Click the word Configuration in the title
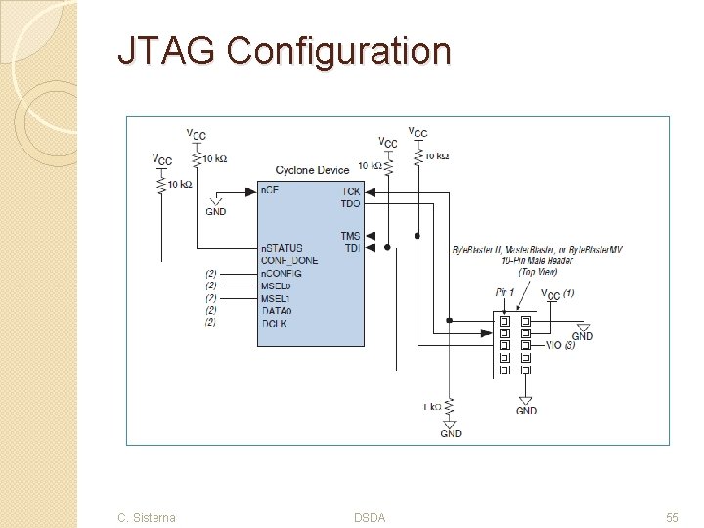pos(338,50)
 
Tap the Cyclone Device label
pos(312,170)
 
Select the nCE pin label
pos(270,189)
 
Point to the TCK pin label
pos(350,190)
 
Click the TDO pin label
pos(350,203)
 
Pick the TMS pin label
pos(350,236)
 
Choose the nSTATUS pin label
pos(282,248)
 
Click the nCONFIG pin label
pos(282,273)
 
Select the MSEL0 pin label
pos(277,286)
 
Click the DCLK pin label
pos(274,323)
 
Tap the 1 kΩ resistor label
pos(431,405)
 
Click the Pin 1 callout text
pos(505,292)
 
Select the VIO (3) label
pos(560,345)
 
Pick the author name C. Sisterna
pos(147,517)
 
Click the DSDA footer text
pos(370,517)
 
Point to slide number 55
pos(672,517)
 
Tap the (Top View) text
pos(536,272)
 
